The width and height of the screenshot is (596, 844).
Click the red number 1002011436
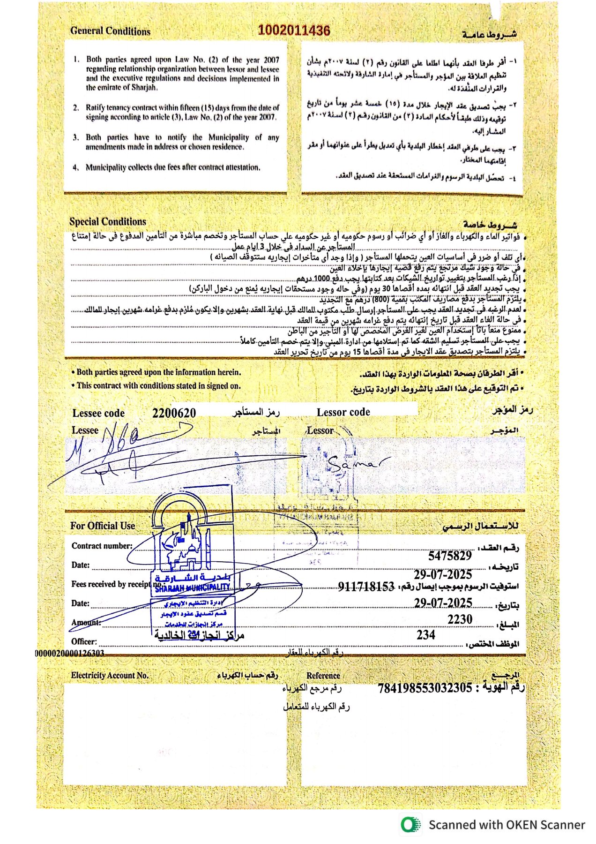294,30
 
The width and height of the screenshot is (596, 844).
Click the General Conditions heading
110,31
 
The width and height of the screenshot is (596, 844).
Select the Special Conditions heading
108,222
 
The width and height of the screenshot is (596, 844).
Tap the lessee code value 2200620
174,413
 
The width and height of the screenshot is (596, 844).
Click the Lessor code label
343,412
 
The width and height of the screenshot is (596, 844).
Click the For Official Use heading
103,526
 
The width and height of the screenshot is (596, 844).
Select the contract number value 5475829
450,556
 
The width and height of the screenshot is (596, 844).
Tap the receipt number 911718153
366,586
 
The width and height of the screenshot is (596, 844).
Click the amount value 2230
460,619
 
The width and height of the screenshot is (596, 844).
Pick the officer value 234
425,635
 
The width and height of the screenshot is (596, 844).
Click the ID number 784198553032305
425,688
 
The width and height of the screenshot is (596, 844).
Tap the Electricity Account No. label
110,675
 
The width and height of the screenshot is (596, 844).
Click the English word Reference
323,675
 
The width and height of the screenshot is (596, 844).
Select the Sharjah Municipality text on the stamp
193,588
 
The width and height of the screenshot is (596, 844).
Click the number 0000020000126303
69,653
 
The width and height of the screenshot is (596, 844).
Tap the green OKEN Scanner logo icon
410,825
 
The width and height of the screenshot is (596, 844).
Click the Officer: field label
84,641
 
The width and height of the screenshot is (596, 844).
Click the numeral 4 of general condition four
76,167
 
